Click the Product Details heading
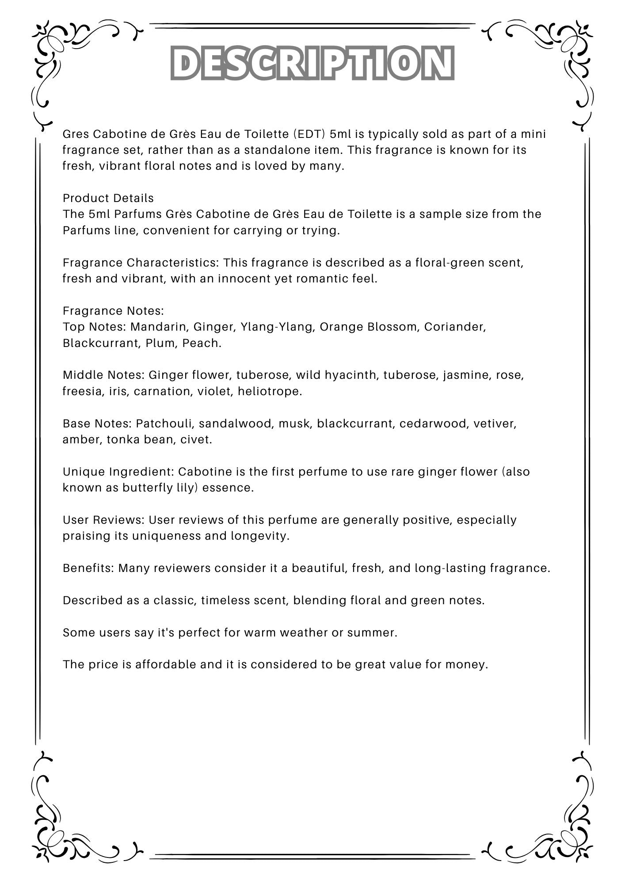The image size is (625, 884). [x=108, y=198]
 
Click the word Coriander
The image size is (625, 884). [x=455, y=327]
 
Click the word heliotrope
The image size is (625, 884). [x=270, y=391]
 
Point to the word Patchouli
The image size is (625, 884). [x=165, y=423]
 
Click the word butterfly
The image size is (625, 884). [x=148, y=488]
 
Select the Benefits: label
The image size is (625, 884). [x=88, y=568]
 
